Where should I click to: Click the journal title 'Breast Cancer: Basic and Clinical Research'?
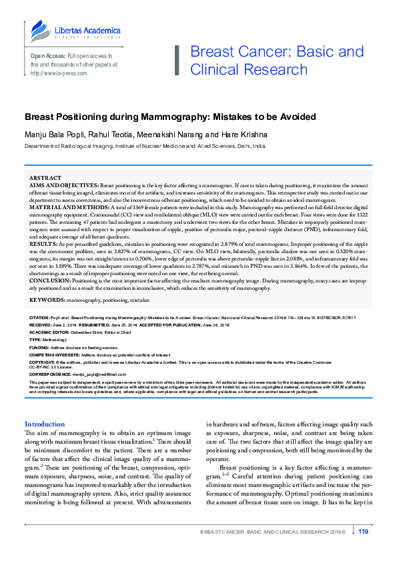(x=277, y=61)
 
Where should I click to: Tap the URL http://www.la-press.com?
(x=59, y=73)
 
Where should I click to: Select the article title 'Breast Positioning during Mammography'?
(x=170, y=117)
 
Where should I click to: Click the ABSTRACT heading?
(x=46, y=178)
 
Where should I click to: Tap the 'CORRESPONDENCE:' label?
(x=49, y=376)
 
